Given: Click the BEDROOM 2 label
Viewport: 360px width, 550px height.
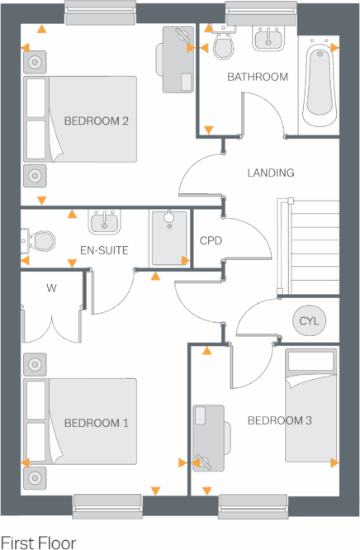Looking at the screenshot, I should [96, 121].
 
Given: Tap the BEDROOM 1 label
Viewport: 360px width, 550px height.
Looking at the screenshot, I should [96, 424].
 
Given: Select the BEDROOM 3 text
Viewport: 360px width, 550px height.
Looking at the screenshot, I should [279, 420].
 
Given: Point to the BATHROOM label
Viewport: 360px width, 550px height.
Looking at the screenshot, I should [258, 77].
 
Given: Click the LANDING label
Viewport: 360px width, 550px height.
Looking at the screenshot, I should [270, 173].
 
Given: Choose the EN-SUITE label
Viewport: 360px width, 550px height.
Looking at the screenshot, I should [103, 249].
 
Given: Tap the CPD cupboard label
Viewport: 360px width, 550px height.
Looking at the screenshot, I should [211, 241].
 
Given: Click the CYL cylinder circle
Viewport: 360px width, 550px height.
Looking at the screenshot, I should [309, 320].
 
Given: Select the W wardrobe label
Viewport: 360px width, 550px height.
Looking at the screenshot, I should [51, 288].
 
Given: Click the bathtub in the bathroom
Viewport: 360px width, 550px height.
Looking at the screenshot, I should [318, 83].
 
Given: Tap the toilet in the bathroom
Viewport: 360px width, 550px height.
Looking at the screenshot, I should [223, 46].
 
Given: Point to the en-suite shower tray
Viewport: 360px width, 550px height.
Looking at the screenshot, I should [169, 238].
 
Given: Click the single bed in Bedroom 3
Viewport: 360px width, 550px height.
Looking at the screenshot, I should [310, 405].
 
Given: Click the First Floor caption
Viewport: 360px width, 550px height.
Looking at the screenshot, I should [39, 543].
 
